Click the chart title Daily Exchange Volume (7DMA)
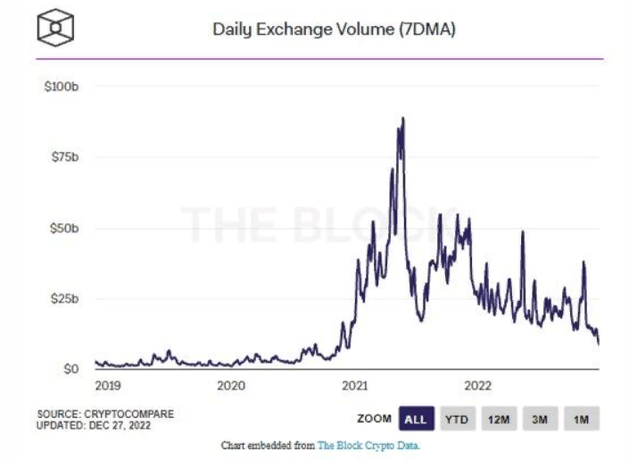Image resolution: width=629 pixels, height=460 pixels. point(335,29)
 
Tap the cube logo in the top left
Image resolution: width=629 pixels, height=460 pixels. point(55,29)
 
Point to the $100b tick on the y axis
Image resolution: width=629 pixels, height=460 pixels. point(62,87)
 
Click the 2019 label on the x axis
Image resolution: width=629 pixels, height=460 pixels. point(108,386)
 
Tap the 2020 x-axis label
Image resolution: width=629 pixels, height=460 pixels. point(231,386)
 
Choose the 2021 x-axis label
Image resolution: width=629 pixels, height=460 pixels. point(355,386)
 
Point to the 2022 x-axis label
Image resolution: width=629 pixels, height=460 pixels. point(478,386)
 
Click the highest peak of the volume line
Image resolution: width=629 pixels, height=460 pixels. point(403,118)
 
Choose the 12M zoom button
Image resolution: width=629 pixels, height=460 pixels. point(500,418)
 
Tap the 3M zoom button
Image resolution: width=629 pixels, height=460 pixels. point(541,418)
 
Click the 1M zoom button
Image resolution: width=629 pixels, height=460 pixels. point(581,418)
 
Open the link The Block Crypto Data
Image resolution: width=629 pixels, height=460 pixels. point(368,445)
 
